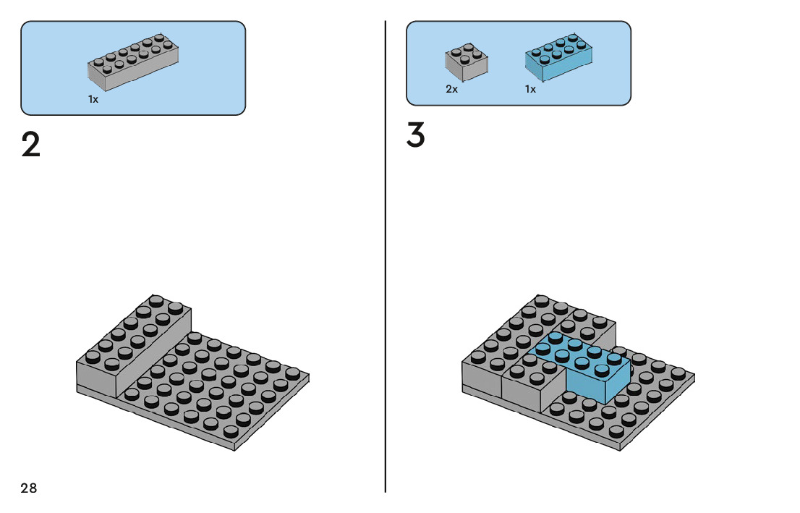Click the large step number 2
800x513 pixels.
(31, 145)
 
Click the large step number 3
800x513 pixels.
(415, 136)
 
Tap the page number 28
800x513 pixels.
(29, 488)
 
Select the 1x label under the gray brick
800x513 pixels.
(93, 100)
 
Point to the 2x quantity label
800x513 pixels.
(451, 90)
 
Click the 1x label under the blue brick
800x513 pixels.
(530, 90)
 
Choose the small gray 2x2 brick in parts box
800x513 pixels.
(466, 63)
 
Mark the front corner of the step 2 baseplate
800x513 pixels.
(235, 449)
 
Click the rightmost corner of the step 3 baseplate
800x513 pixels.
(694, 376)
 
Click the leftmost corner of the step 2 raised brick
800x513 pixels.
(77, 362)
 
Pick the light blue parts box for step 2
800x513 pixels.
(133, 68)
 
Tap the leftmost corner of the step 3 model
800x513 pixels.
(462, 364)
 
